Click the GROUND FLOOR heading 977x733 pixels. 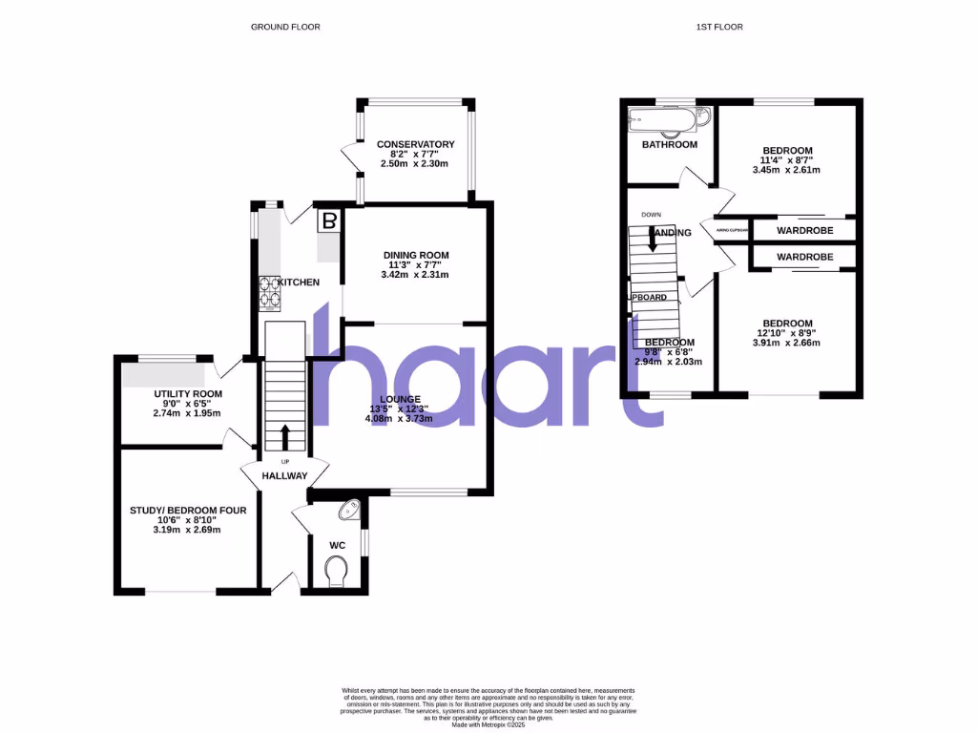(x=285, y=27)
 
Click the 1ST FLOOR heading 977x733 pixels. (x=719, y=27)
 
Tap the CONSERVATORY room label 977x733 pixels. (x=414, y=145)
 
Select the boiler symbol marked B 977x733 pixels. (x=329, y=222)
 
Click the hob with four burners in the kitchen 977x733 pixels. (x=267, y=294)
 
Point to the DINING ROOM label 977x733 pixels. (x=416, y=255)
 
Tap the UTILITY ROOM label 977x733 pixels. (x=188, y=394)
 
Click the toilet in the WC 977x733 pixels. (x=336, y=574)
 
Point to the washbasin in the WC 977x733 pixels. (x=350, y=510)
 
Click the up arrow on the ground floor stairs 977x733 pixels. (x=284, y=438)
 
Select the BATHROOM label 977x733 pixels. (x=669, y=145)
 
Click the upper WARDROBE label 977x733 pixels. (x=804, y=231)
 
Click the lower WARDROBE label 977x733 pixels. (x=804, y=258)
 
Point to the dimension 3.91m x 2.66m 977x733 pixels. (x=787, y=344)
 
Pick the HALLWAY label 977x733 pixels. (x=284, y=475)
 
